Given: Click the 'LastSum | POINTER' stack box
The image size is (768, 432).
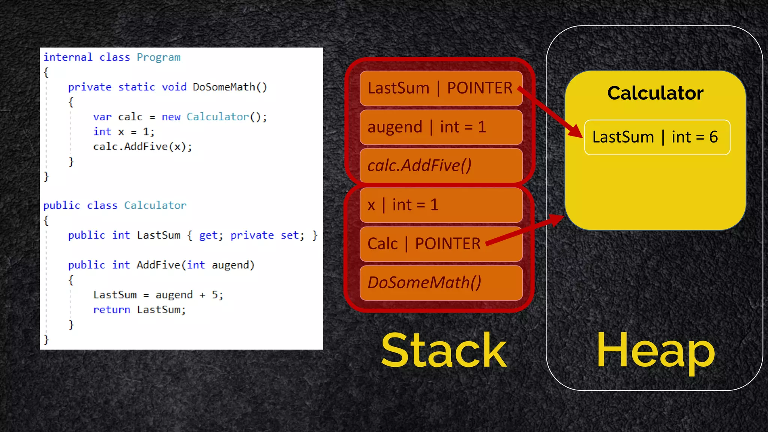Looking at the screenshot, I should [441, 88].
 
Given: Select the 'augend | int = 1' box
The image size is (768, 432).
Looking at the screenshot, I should [441, 127].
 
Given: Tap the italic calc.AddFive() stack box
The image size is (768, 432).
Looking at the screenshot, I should [441, 165].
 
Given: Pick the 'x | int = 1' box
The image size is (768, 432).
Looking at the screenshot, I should [441, 205].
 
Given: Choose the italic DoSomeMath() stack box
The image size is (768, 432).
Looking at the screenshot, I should [441, 283].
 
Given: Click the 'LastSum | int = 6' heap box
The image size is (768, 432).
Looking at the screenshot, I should [657, 137].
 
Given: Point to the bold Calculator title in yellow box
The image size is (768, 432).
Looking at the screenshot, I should [655, 93].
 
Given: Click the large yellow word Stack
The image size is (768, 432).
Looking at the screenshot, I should [444, 350].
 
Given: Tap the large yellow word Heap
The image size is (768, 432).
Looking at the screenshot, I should [655, 351].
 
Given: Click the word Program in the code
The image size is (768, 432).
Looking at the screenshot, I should [158, 57].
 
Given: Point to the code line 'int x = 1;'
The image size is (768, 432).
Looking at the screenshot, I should [123, 132].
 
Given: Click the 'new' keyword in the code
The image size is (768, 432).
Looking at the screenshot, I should [171, 117].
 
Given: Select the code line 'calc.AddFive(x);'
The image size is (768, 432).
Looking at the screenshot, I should [142, 147].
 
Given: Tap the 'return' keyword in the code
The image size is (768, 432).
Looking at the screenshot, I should [112, 310].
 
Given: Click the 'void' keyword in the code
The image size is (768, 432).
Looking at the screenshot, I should [174, 87].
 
